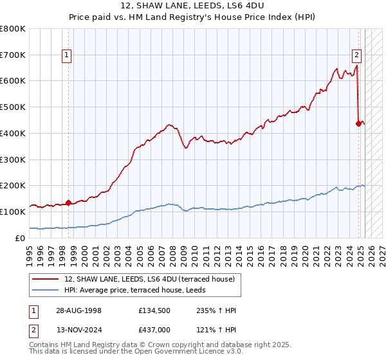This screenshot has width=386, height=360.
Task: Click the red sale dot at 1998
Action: coord(68,203)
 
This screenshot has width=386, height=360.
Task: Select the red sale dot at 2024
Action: coord(358,123)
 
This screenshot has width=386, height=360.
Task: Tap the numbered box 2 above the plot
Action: coord(356,55)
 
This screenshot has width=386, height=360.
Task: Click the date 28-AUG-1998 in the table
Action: coord(78,310)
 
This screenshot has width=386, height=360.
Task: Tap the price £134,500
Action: coord(153,310)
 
